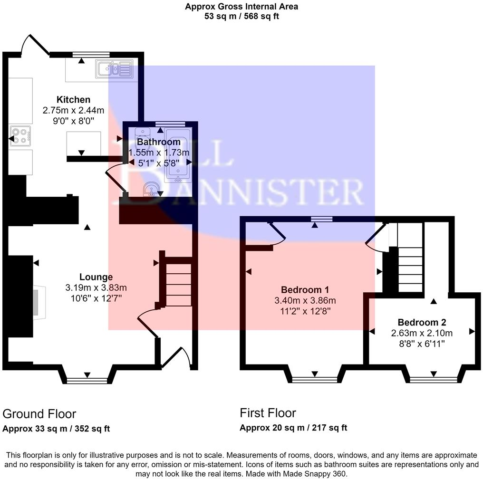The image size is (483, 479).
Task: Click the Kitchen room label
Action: coord(73,100)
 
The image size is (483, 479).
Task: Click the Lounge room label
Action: coord(96,277)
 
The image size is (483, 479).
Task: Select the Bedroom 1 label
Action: coord(305,290)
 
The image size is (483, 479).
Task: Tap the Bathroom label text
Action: coord(159,142)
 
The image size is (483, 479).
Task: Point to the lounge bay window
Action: coord(87,379)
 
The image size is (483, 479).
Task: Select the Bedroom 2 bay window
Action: coord(433,379)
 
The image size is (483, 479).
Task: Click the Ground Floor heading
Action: coord(39,414)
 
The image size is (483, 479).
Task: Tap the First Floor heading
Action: coord(268,412)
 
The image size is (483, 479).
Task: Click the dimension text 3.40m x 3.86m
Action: coord(305,301)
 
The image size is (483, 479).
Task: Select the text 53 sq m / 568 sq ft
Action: coord(241,16)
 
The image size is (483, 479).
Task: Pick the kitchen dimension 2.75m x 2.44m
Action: coord(73,110)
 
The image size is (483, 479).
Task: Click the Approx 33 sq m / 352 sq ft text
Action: coord(57,428)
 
